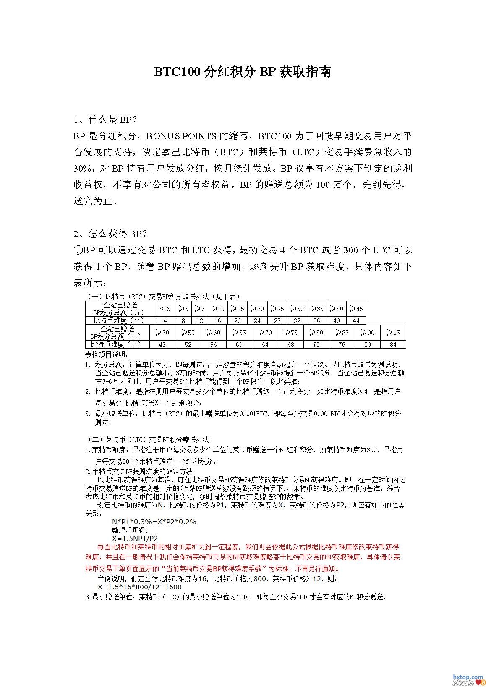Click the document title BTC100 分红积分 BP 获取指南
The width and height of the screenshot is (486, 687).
tap(243, 72)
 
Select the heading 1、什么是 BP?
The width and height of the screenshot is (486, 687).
tap(105, 120)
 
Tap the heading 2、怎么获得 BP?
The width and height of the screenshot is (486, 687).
tap(110, 234)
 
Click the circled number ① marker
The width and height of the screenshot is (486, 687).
tap(78, 250)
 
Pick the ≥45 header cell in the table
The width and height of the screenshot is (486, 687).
tap(356, 309)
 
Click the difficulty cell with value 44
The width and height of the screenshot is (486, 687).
tap(356, 320)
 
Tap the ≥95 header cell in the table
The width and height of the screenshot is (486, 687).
tap(393, 333)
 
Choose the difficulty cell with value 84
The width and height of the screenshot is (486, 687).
tap(393, 344)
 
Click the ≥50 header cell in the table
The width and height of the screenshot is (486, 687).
tap(162, 333)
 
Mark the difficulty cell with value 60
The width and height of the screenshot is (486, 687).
tap(239, 344)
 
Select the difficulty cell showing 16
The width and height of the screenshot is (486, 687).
tap(217, 320)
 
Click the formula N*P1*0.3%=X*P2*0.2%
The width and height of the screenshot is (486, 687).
tap(154, 522)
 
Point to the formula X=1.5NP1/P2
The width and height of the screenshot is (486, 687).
tap(135, 538)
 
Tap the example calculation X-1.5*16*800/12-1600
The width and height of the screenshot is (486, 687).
tap(140, 587)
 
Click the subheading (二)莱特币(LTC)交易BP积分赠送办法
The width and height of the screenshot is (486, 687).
tap(148, 440)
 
